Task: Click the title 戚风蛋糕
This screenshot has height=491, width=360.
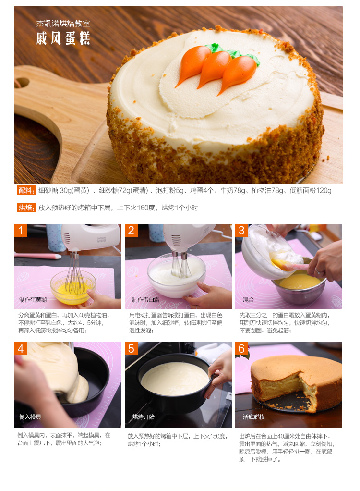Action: [63, 38]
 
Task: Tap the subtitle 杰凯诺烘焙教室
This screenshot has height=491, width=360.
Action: [63, 23]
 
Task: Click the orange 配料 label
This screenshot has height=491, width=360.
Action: [26, 190]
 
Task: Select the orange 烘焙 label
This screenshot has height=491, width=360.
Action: [26, 207]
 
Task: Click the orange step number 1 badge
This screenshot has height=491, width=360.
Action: [21, 231]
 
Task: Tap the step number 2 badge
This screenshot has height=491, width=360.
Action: [131, 231]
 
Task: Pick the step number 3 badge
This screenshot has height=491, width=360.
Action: [241, 231]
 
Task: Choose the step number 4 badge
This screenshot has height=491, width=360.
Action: [21, 348]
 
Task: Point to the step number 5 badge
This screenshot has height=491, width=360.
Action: [131, 348]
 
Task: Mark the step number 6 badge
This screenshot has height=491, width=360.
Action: [241, 348]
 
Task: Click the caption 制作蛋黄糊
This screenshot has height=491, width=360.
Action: [33, 300]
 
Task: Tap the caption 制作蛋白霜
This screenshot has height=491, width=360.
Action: [146, 300]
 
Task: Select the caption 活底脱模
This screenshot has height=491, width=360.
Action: [254, 417]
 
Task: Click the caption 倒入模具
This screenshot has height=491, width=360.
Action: [30, 417]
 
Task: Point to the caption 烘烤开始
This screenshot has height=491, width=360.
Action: [143, 417]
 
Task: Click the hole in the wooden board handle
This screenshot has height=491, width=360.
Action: [22, 83]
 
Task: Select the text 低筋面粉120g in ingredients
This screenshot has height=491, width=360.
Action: [310, 190]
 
